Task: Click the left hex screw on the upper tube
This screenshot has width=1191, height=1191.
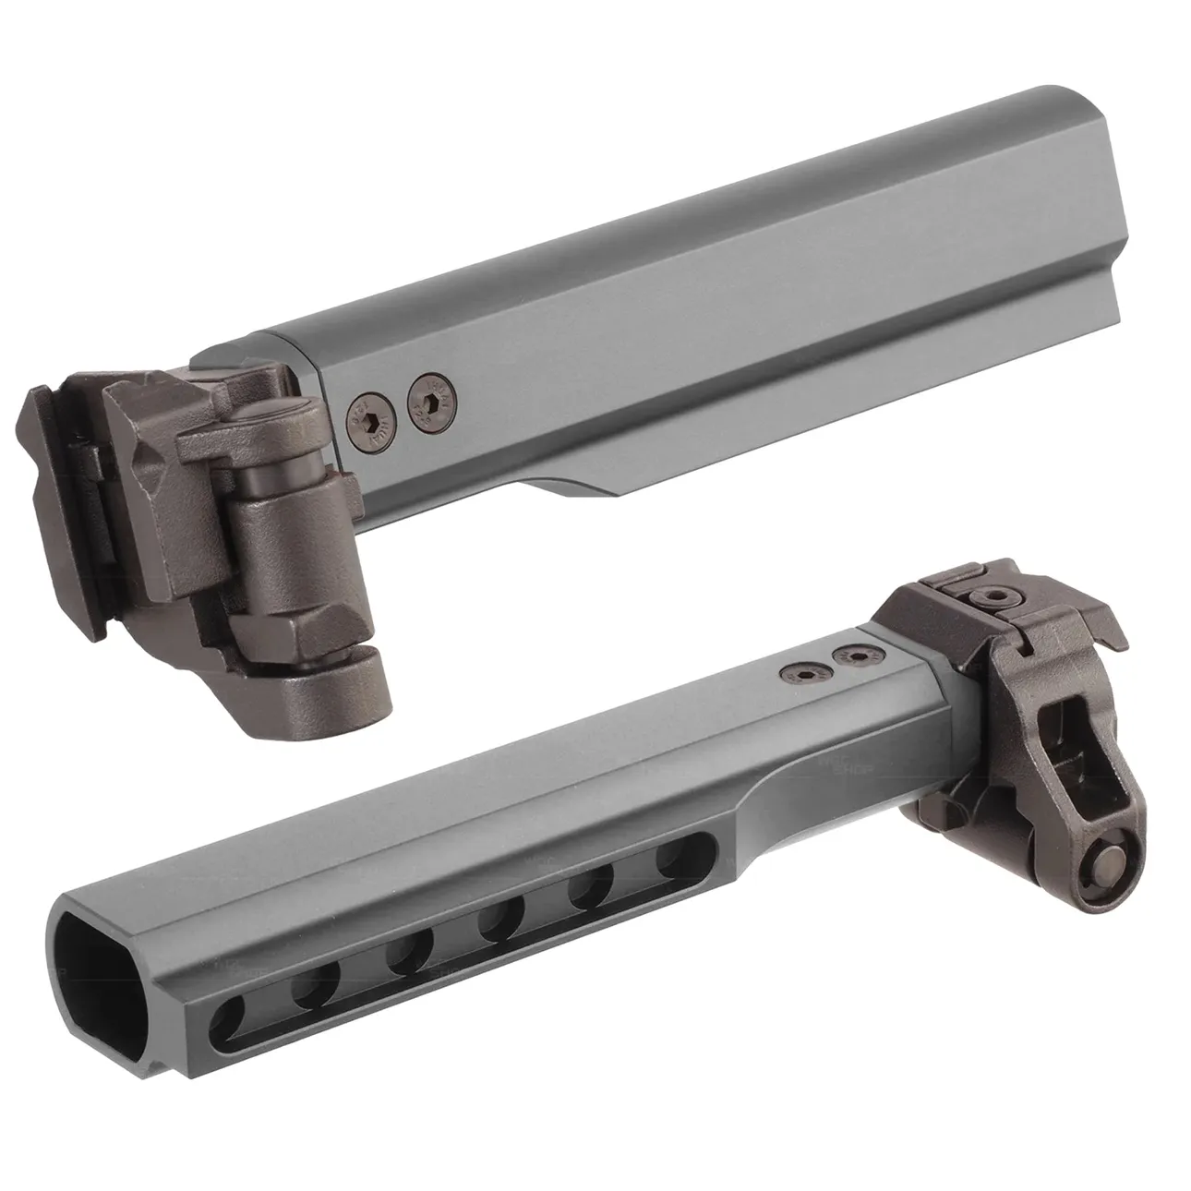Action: pyautogui.click(x=368, y=421)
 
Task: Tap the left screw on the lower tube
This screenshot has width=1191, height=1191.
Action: pyautogui.click(x=791, y=672)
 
